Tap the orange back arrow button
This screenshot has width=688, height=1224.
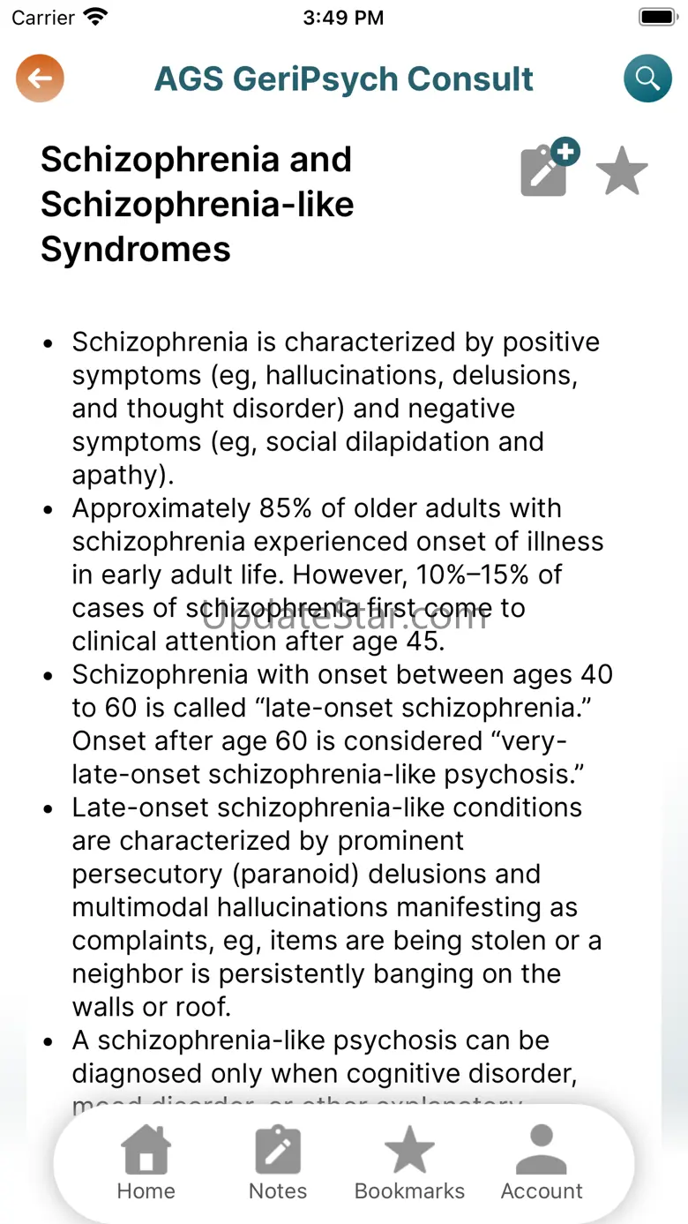tap(40, 79)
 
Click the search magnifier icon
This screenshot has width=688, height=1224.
tap(647, 79)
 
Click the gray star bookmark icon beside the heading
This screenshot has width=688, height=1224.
tap(622, 170)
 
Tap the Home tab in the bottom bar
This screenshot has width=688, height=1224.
tap(146, 1163)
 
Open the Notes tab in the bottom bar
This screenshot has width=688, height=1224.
tap(278, 1163)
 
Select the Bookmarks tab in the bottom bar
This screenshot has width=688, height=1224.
tap(409, 1163)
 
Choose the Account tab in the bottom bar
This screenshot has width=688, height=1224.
tap(542, 1163)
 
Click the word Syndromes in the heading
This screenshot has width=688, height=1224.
tap(136, 250)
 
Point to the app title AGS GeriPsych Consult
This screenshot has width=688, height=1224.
tap(343, 79)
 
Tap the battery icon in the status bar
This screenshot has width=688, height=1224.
tap(656, 17)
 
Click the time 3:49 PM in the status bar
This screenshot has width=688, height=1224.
tap(343, 18)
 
